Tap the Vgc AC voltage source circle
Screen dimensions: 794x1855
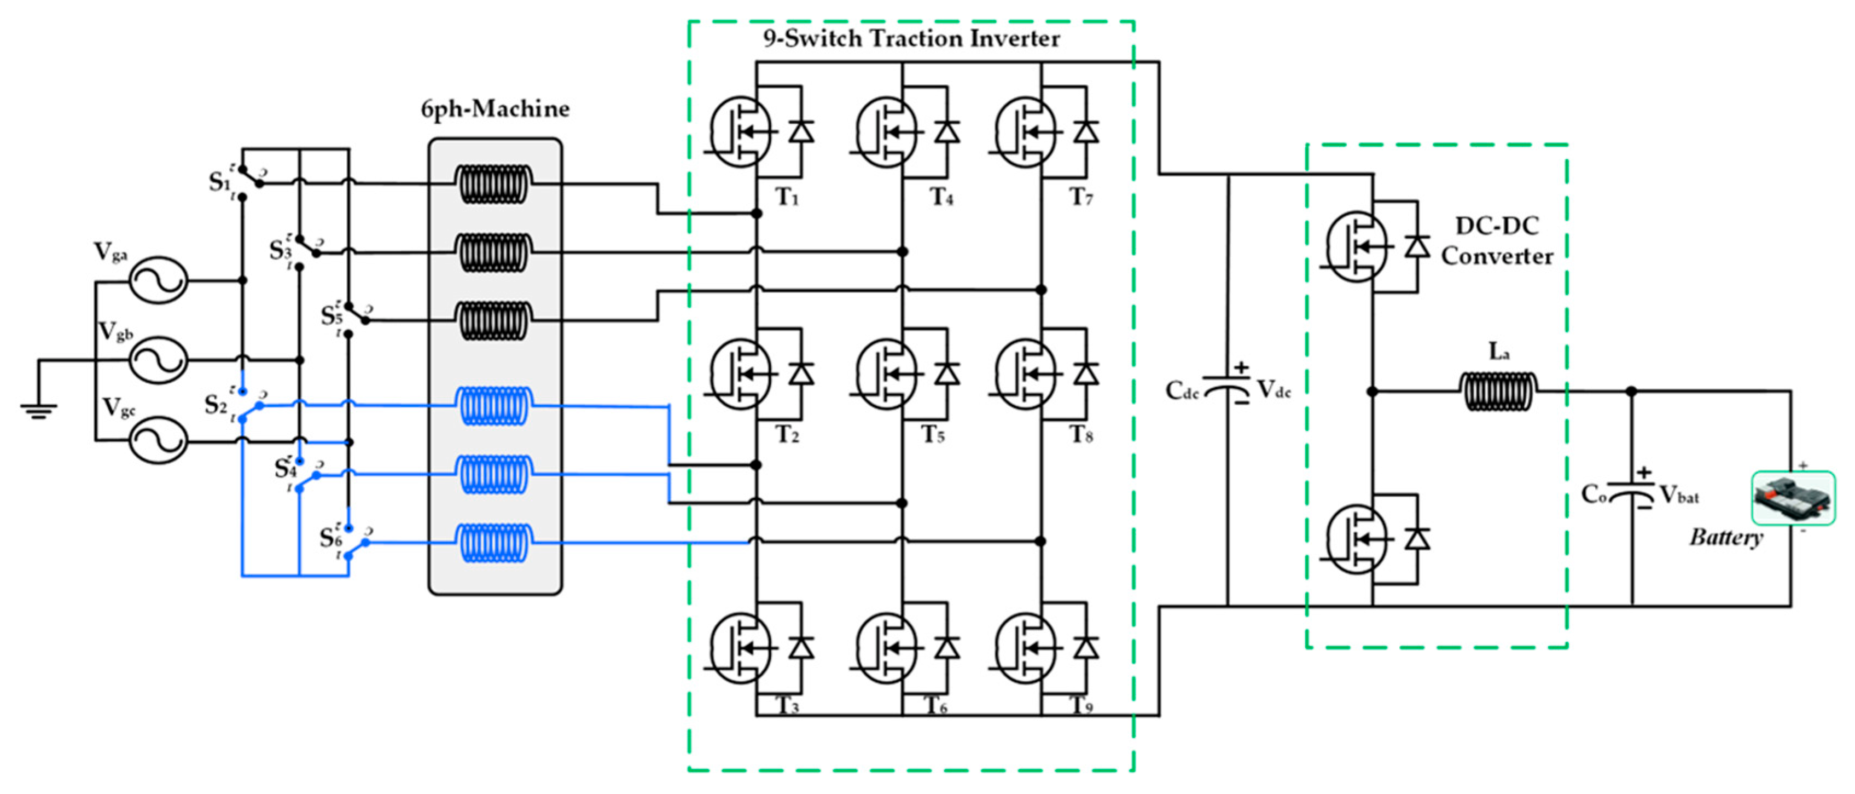pos(159,439)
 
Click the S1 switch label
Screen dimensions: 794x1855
pos(219,182)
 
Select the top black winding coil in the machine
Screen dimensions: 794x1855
pos(494,185)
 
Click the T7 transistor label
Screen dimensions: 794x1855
pos(1081,196)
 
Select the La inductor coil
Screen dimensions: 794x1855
pos(1498,391)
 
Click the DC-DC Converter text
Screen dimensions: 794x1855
pos(1497,240)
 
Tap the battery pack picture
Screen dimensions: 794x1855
pos(1792,498)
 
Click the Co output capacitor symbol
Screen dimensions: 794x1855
pos(1631,496)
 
